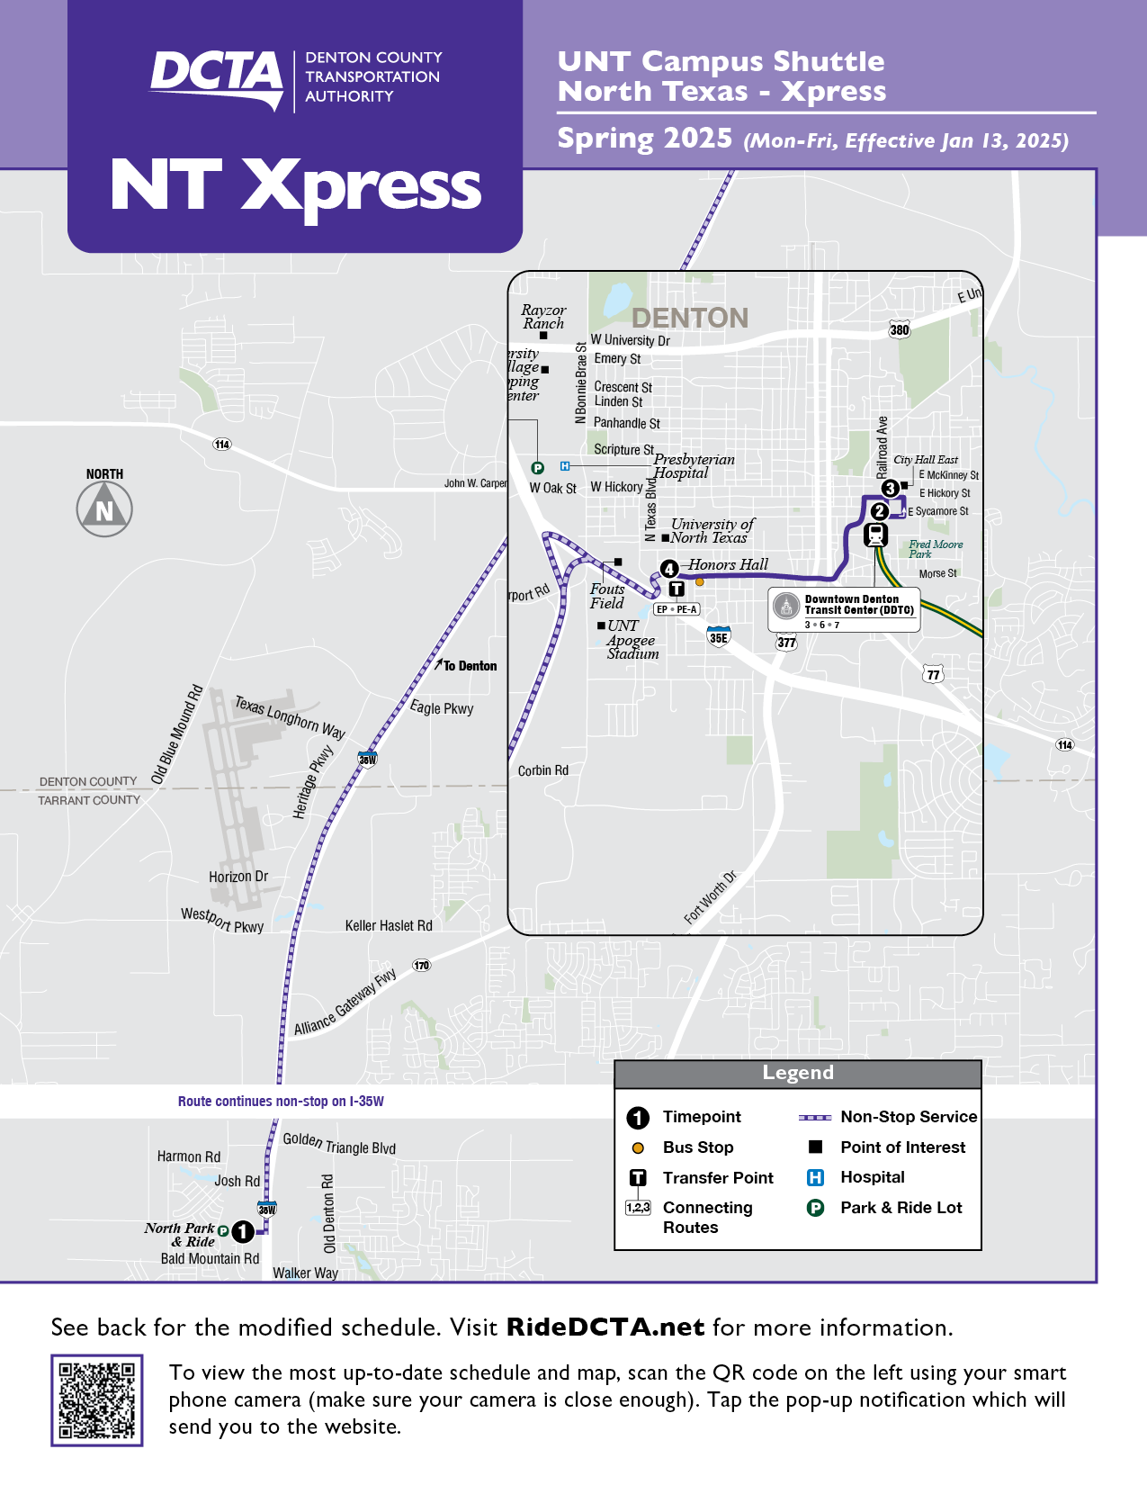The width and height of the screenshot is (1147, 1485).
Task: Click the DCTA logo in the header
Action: (x=217, y=79)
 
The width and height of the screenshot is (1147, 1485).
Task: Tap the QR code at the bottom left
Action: (x=97, y=1399)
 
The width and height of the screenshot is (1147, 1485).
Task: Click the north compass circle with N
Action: (x=104, y=509)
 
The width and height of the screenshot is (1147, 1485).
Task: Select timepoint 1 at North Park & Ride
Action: (x=243, y=1231)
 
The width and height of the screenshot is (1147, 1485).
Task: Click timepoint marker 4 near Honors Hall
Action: (x=669, y=569)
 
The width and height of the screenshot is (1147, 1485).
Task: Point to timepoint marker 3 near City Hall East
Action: (x=890, y=489)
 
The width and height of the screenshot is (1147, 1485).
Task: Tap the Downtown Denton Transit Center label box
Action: (x=844, y=609)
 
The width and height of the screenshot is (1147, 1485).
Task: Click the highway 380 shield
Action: (x=900, y=330)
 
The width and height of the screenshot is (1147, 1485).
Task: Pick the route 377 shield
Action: (x=786, y=643)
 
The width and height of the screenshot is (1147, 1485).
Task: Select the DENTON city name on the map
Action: (x=690, y=318)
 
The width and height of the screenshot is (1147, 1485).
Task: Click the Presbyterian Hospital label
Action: (x=694, y=466)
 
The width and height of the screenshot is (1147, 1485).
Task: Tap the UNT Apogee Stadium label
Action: (x=632, y=640)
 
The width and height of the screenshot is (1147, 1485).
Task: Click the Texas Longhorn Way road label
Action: (x=290, y=716)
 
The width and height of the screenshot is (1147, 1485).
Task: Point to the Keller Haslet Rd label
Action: (x=389, y=925)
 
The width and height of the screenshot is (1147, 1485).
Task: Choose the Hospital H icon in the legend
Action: (x=816, y=1177)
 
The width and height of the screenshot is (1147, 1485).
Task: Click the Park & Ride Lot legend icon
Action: (x=816, y=1208)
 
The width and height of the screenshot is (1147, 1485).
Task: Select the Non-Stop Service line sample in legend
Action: (x=815, y=1117)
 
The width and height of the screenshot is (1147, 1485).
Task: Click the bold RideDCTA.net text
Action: (x=605, y=1327)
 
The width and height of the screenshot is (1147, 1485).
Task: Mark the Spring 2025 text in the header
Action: (x=645, y=139)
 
